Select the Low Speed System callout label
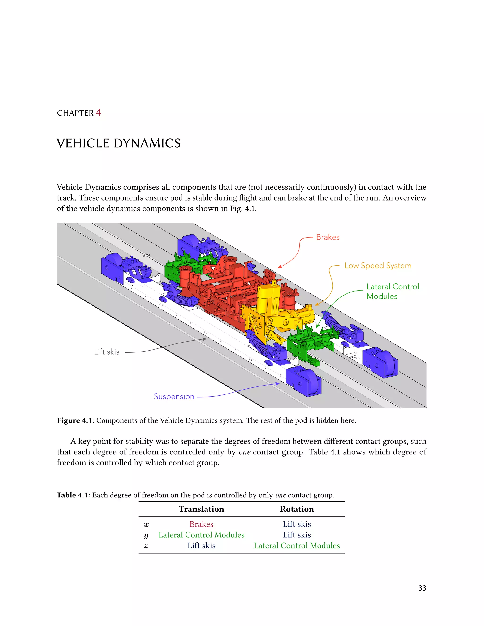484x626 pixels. point(378,266)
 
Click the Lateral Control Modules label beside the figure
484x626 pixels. point(392,291)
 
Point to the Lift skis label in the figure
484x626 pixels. point(107,352)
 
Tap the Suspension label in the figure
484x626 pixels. point(174,396)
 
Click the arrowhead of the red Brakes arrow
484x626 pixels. point(279,267)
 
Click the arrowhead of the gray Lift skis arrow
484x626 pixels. point(205,339)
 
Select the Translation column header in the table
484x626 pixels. point(201,509)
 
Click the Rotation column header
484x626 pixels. point(297,509)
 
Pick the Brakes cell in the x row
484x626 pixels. point(201,524)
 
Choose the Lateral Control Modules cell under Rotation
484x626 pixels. point(297,545)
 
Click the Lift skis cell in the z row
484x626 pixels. point(201,545)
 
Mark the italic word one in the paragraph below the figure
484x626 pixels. point(244,452)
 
